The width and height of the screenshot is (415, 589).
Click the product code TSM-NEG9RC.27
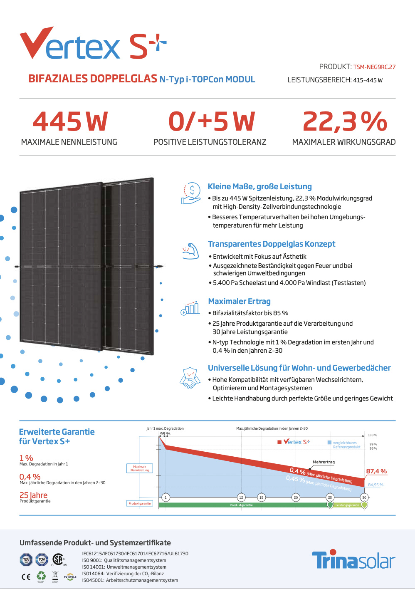pyautogui.click(x=374, y=67)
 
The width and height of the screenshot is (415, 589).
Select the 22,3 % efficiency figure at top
pyautogui.click(x=345, y=121)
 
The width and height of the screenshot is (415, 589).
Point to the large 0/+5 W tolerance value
pyautogui.click(x=211, y=121)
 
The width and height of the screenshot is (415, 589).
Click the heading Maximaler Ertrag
pyautogui.click(x=239, y=302)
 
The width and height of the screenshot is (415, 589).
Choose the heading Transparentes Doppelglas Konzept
pyautogui.click(x=272, y=244)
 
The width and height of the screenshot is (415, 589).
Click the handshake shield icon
pyautogui.click(x=190, y=378)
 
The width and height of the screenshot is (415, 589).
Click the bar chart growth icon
pyautogui.click(x=190, y=308)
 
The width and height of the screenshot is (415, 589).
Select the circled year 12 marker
pyautogui.click(x=241, y=497)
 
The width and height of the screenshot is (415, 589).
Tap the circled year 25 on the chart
pyautogui.click(x=330, y=497)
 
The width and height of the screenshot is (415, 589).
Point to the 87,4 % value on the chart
pyautogui.click(x=376, y=471)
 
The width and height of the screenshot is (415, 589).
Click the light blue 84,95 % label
pyautogui.click(x=375, y=485)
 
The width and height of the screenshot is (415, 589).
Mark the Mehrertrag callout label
pyautogui.click(x=324, y=462)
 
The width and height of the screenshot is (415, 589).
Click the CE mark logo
pyautogui.click(x=26, y=577)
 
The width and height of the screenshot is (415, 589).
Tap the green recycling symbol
pyautogui.click(x=41, y=576)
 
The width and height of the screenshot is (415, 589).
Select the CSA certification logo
pyautogui.click(x=58, y=559)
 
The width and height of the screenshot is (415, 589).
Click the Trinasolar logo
pyautogui.click(x=353, y=560)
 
